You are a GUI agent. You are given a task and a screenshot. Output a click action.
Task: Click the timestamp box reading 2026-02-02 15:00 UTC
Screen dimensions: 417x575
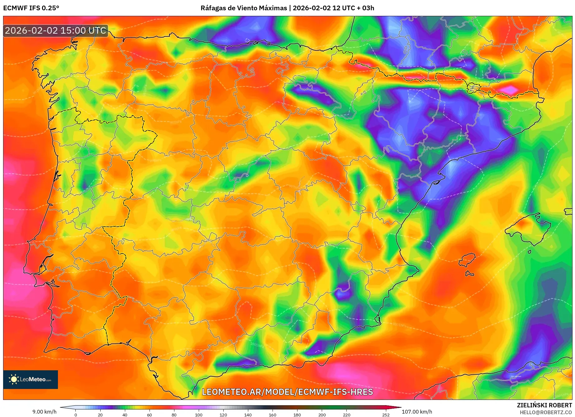pos(55,31)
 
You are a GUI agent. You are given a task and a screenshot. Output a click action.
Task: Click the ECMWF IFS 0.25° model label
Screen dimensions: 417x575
pos(31,8)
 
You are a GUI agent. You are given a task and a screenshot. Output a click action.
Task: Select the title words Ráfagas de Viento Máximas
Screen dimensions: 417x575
pos(244,8)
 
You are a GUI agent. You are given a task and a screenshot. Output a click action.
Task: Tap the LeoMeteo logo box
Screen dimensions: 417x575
pos(31,379)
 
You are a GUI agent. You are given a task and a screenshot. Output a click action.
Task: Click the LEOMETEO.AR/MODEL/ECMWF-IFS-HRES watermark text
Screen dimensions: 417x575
pos(287,392)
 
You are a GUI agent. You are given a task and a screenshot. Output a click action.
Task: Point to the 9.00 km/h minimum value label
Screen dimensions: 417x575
pos(44,412)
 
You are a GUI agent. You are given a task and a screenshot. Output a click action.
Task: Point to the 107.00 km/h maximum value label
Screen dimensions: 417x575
pos(417,412)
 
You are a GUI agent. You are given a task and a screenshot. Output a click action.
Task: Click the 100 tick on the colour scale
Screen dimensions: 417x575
pos(198,415)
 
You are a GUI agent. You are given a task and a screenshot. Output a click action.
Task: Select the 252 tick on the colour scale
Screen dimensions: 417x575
pos(386,415)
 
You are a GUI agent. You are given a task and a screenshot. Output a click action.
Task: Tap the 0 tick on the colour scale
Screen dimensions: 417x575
pos(76,415)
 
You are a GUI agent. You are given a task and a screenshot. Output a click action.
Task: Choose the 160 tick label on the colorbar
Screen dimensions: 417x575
pos(272,415)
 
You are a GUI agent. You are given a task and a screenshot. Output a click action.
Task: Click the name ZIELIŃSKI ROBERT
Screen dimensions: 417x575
pos(544,405)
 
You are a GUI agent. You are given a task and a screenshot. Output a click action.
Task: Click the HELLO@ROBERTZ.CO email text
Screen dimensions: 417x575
pos(545,412)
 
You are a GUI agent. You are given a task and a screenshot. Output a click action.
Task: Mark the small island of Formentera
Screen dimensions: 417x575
pos(469,274)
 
